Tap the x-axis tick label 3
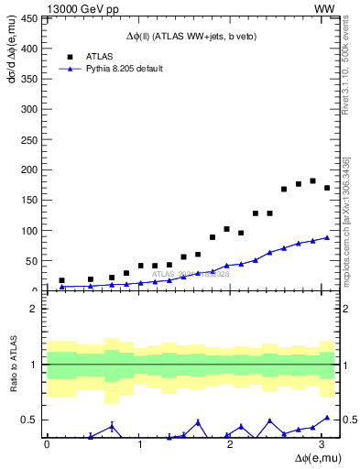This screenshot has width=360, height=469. pyautogui.click(x=319, y=445)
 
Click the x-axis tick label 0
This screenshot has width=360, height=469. pyautogui.click(x=47, y=445)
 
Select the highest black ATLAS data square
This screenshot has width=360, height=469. pyautogui.click(x=312, y=180)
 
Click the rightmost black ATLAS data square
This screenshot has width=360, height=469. pyautogui.click(x=327, y=188)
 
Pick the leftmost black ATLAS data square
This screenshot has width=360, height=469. pyautogui.click(x=61, y=280)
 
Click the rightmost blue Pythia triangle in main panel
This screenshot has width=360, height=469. pyautogui.click(x=327, y=237)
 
